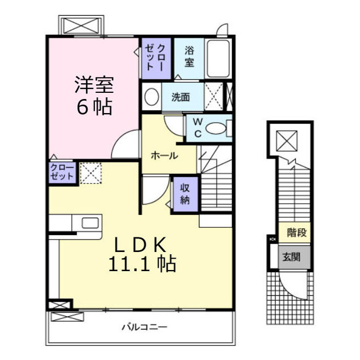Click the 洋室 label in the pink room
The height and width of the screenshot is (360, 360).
click(x=94, y=85)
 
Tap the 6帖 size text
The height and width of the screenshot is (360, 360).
click(x=94, y=106)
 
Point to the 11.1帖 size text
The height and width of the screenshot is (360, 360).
click(x=140, y=263)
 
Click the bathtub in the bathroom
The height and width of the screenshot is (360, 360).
click(x=217, y=58)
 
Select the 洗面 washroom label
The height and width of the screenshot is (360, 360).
click(x=181, y=97)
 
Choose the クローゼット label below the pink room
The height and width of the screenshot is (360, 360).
click(x=62, y=172)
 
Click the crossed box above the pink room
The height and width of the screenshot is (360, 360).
click(x=83, y=26)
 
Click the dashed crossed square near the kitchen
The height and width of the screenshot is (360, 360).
click(x=89, y=173)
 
